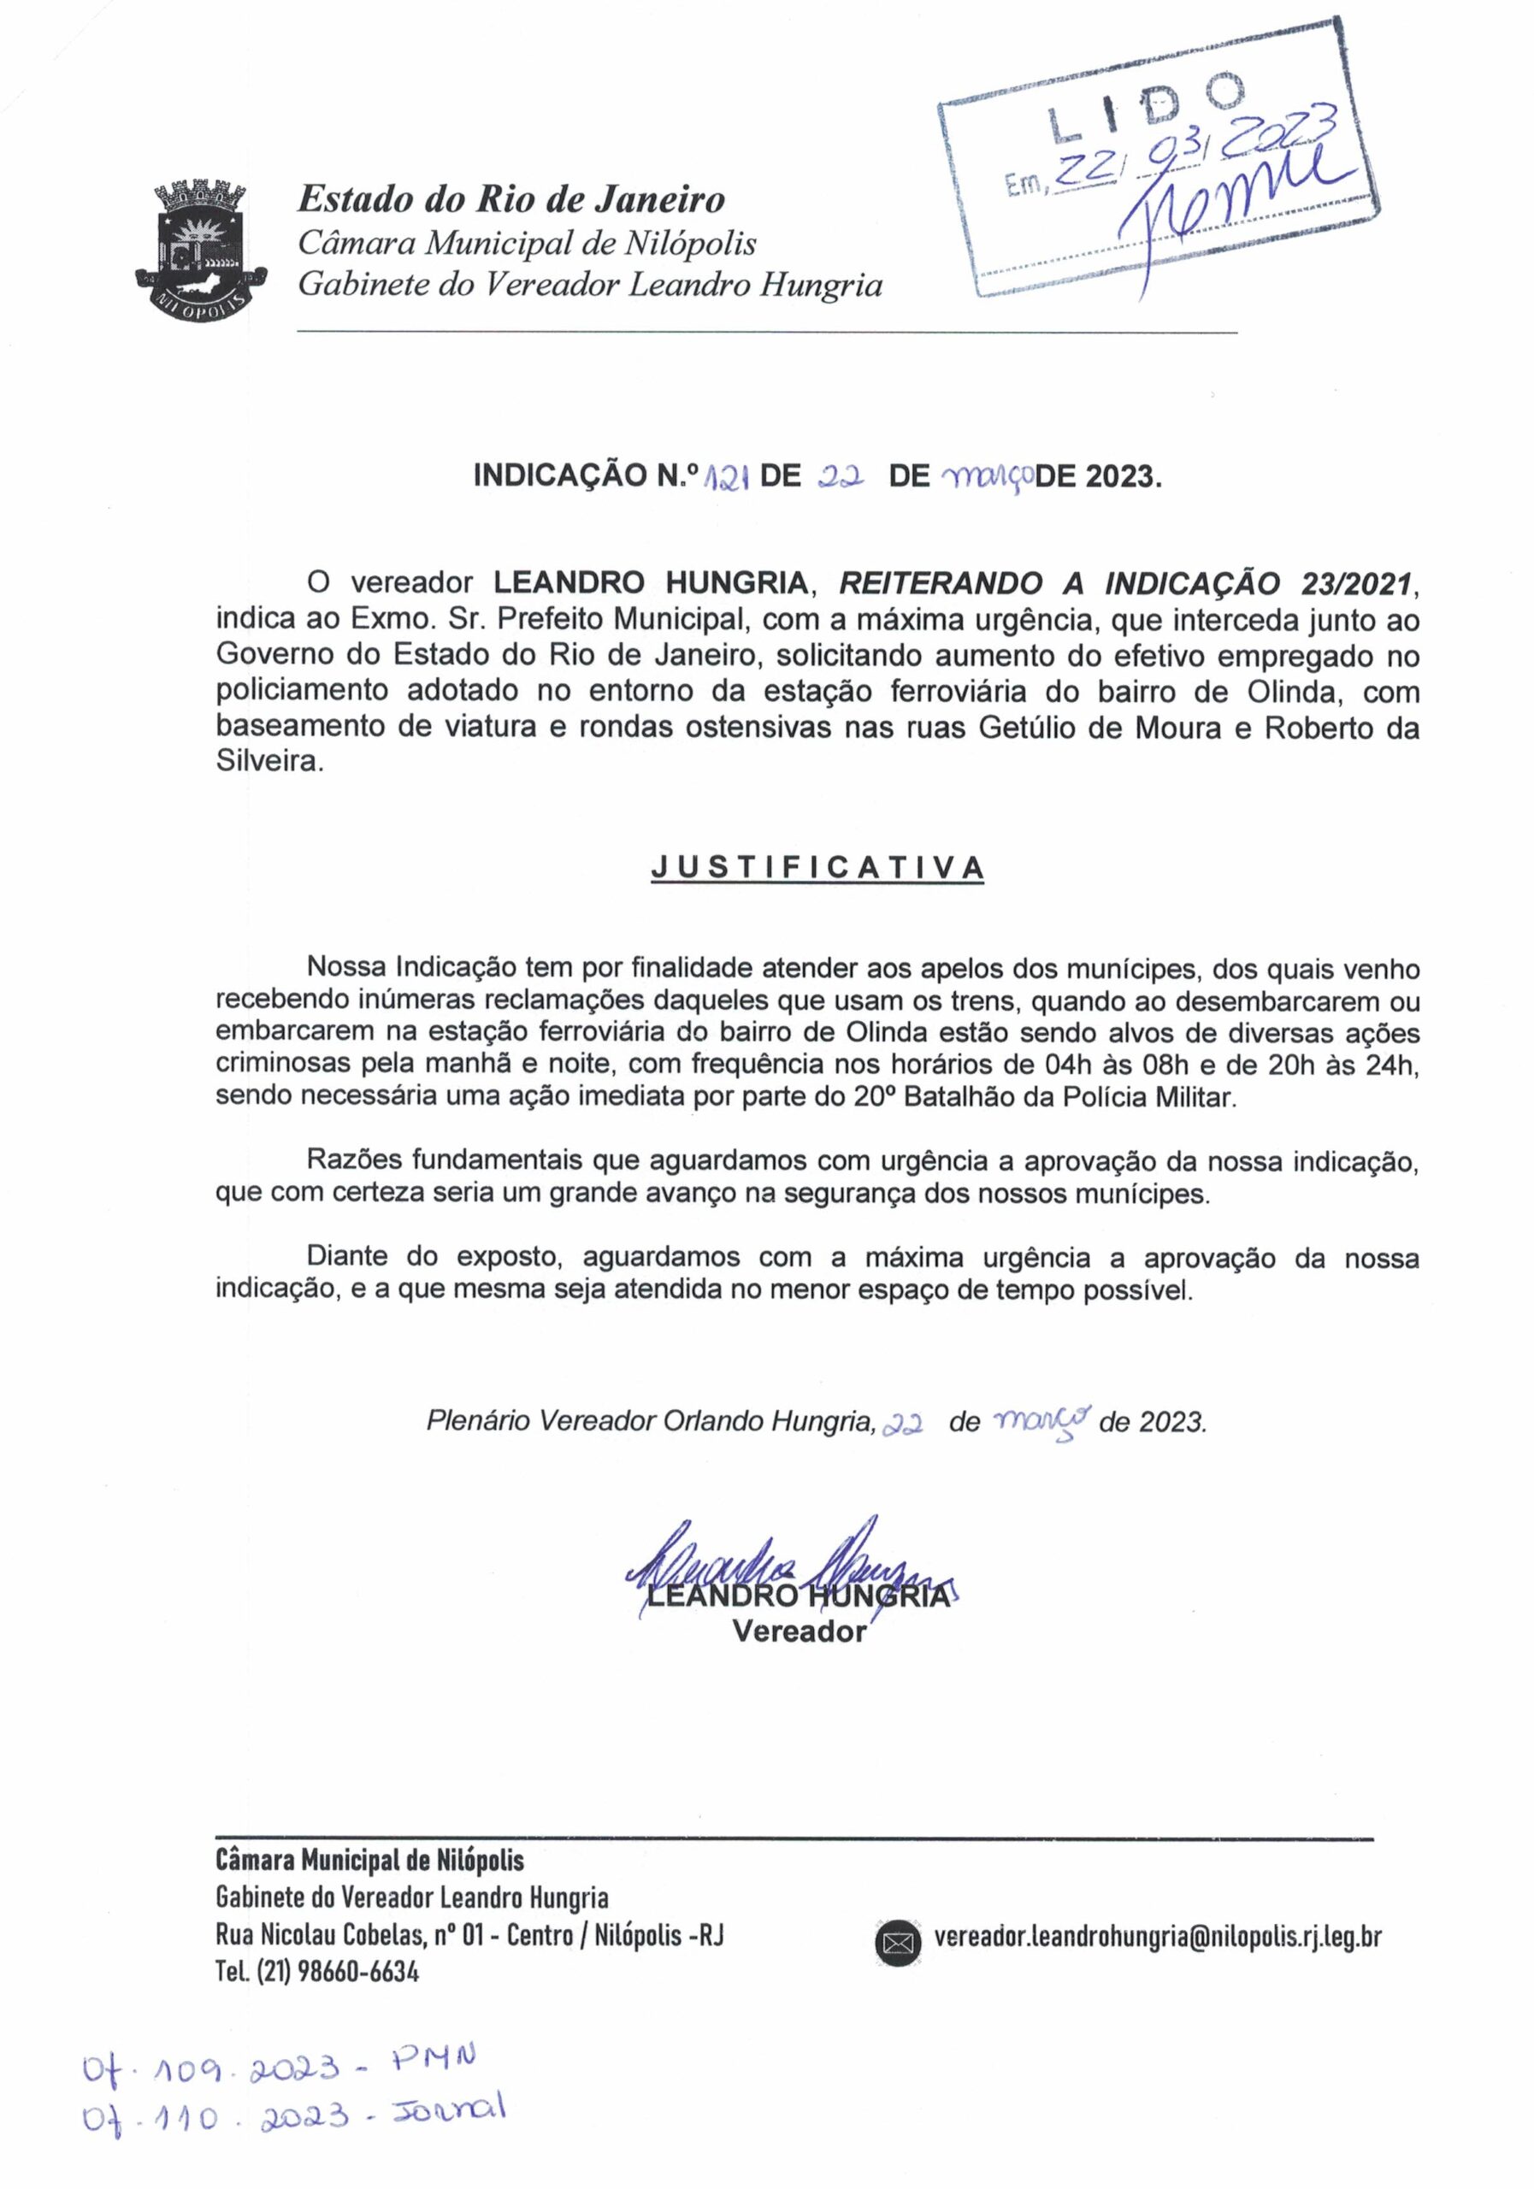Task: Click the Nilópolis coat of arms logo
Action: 201,251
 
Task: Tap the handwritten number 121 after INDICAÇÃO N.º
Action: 724,476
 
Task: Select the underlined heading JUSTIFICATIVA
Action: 817,868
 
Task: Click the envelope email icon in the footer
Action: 897,1941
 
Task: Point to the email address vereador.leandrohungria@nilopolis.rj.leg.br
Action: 1158,1937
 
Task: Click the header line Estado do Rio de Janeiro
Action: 511,199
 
